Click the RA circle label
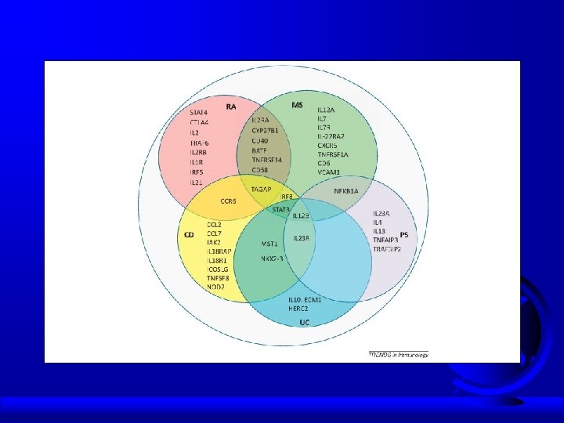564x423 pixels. tap(231, 106)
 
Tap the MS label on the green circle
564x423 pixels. tap(297, 105)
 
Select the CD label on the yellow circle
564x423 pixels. tap(188, 234)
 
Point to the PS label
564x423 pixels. tap(404, 234)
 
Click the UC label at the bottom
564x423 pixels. tap(304, 323)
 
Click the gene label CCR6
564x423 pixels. tap(228, 201)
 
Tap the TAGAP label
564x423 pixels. tap(261, 190)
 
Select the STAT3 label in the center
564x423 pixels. tap(281, 209)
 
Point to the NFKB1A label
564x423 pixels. tap(345, 190)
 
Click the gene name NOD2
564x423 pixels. tap(215, 287)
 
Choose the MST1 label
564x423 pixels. tap(269, 244)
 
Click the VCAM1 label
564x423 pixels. tap(329, 172)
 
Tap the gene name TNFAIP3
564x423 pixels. tap(385, 240)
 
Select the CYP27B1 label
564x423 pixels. tap(265, 130)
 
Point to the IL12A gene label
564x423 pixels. tap(326, 110)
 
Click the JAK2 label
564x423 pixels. tap(214, 243)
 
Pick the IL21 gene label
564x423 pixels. tap(197, 182)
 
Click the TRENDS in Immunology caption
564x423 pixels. tap(399, 354)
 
